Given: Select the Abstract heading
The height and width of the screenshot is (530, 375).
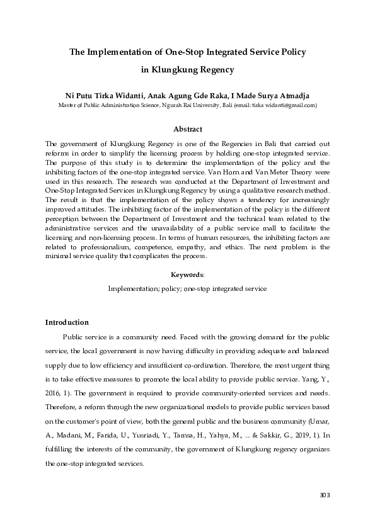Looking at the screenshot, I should click(x=187, y=128).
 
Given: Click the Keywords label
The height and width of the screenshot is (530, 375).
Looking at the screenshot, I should click(x=187, y=274).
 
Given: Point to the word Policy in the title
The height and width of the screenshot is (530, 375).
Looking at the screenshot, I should click(x=290, y=50).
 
